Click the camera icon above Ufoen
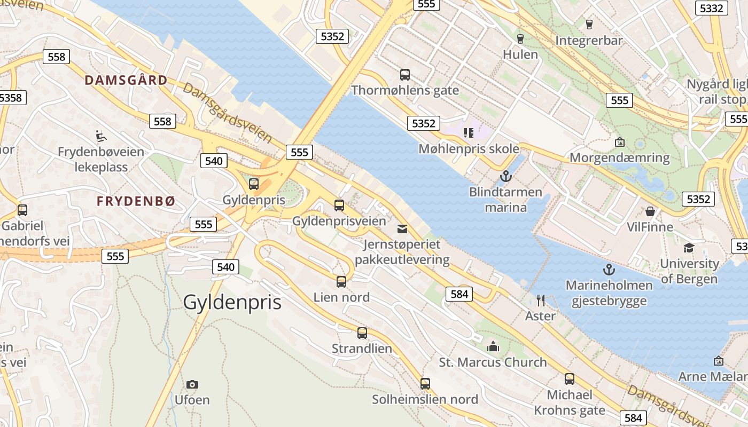click(x=192, y=384)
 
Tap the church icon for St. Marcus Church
click(x=493, y=347)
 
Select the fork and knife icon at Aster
click(x=541, y=301)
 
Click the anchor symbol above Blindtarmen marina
click(x=505, y=176)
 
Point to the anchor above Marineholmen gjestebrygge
click(x=609, y=270)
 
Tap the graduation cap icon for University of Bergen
click(x=689, y=248)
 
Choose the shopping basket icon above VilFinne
click(x=650, y=211)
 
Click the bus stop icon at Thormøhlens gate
click(x=405, y=75)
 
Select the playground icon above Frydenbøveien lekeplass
click(x=100, y=136)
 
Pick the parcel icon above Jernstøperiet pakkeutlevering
click(x=402, y=229)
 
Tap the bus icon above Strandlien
click(x=362, y=333)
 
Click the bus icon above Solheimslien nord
click(x=425, y=383)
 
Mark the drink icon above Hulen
click(x=520, y=38)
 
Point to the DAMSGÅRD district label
click(x=126, y=80)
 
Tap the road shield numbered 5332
click(x=711, y=8)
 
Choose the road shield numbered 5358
click(x=11, y=98)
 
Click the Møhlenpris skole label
click(x=469, y=148)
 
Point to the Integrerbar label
click(x=589, y=41)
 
